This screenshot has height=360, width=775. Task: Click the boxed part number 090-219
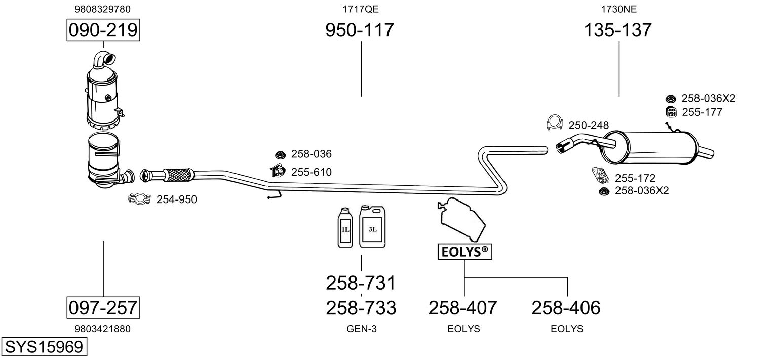coord(103,30)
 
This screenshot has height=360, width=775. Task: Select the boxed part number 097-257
coord(103,307)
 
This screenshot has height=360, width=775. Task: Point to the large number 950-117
coord(359,30)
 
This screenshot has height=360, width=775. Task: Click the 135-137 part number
coord(618,30)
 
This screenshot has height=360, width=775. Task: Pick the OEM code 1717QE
coord(360,9)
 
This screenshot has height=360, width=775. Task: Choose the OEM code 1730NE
coord(618,9)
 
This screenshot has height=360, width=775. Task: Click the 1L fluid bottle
coord(345,228)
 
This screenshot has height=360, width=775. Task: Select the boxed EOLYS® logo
coord(464,252)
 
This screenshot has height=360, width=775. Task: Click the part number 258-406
coord(566,307)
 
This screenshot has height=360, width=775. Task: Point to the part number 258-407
coord(463,307)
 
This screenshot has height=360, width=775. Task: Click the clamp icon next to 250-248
coord(556,123)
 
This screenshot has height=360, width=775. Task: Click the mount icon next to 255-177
coord(671,112)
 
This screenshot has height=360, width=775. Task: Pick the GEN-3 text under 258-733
coord(361,329)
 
